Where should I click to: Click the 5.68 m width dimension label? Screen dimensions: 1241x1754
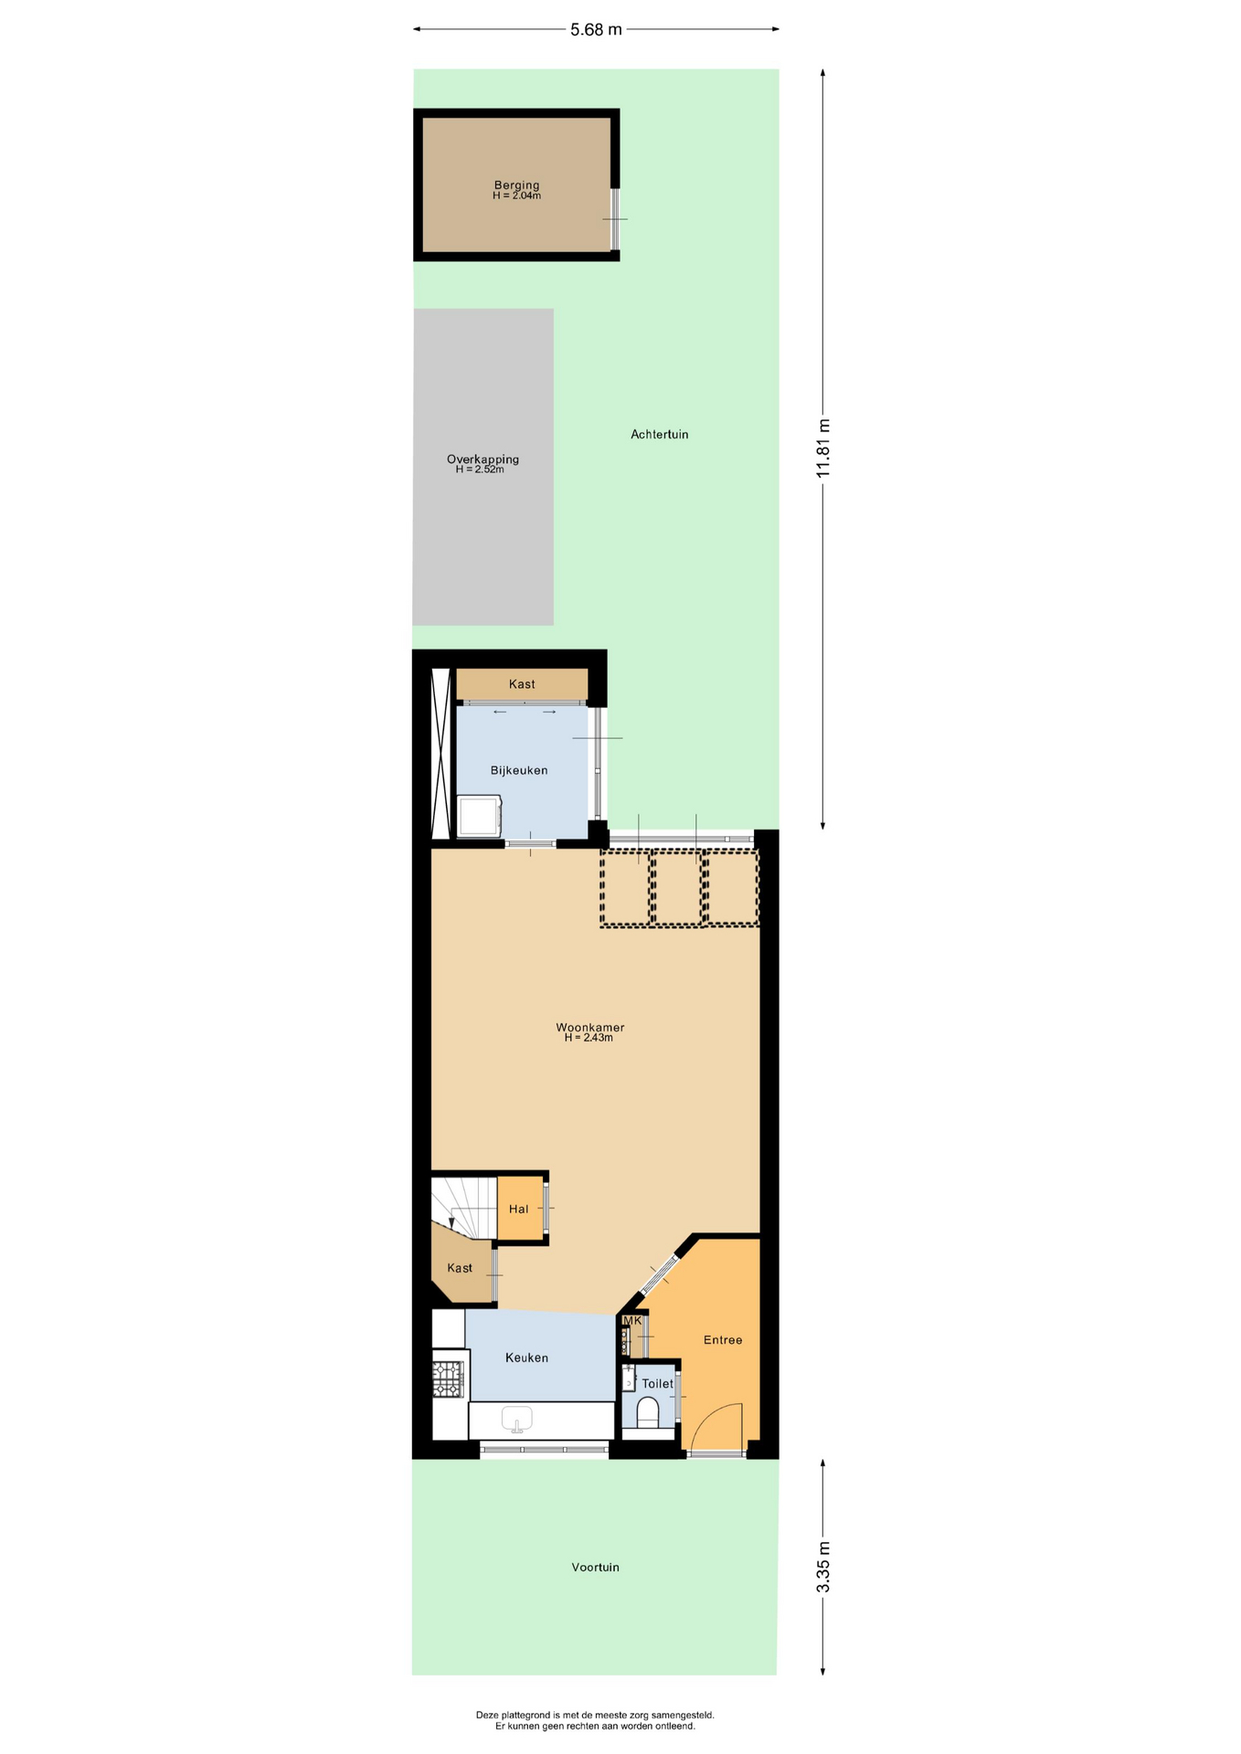tap(596, 29)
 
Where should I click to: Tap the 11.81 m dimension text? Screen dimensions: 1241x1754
tap(823, 448)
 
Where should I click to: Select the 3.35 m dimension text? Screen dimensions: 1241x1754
tap(823, 1567)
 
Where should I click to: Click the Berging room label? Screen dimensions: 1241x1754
tap(516, 185)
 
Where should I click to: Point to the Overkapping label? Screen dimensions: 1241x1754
tap(483, 459)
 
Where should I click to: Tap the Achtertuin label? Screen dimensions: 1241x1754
tap(659, 434)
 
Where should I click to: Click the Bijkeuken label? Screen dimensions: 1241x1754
tap(519, 770)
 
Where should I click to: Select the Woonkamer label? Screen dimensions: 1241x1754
tap(589, 1027)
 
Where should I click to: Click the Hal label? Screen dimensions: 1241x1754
tap(518, 1209)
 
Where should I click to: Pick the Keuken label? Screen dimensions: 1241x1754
tap(526, 1358)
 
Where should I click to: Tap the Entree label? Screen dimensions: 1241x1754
tap(722, 1339)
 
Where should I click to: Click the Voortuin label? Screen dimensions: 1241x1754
tap(595, 1567)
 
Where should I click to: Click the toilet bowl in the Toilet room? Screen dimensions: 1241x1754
tap(648, 1414)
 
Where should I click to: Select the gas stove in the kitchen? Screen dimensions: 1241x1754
tap(448, 1379)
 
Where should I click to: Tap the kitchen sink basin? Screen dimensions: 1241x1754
tap(516, 1419)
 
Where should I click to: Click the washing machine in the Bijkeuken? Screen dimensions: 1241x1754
tap(479, 816)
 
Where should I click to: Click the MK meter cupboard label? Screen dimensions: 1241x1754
tap(632, 1320)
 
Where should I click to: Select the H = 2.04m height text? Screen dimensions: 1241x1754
tap(516, 195)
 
